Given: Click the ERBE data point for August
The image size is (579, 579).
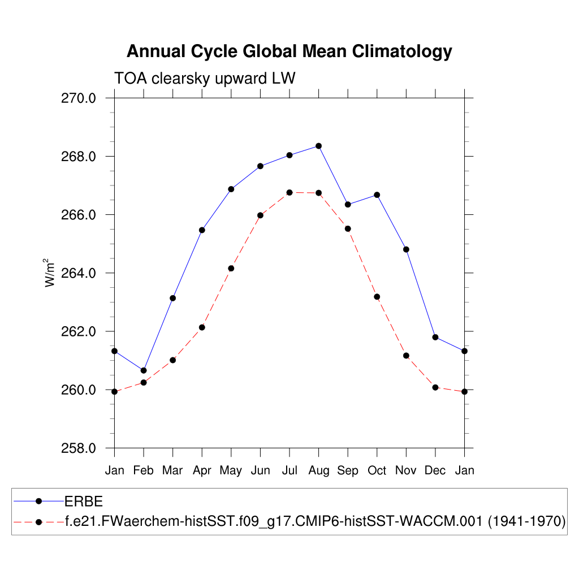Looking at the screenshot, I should click(x=319, y=146).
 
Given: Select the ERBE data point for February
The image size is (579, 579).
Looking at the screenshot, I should click(x=144, y=370).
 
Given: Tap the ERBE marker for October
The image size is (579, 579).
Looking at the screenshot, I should click(x=377, y=195).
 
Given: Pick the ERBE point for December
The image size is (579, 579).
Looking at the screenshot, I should click(x=435, y=337).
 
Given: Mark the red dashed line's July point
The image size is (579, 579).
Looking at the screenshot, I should click(x=289, y=192).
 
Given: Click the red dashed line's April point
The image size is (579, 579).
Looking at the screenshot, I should click(x=202, y=327).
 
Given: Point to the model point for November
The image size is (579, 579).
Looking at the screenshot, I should click(x=406, y=356).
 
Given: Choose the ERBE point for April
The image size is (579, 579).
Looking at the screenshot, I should click(x=202, y=230).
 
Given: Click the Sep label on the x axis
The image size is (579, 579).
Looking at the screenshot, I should click(x=348, y=471).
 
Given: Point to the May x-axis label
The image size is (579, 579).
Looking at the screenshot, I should click(x=231, y=471).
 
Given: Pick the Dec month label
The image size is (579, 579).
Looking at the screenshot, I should click(x=435, y=471).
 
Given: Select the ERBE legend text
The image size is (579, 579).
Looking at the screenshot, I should click(x=83, y=502).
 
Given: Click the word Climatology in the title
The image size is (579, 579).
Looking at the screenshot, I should click(x=403, y=51).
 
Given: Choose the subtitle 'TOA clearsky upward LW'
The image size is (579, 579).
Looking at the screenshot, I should click(x=205, y=78).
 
